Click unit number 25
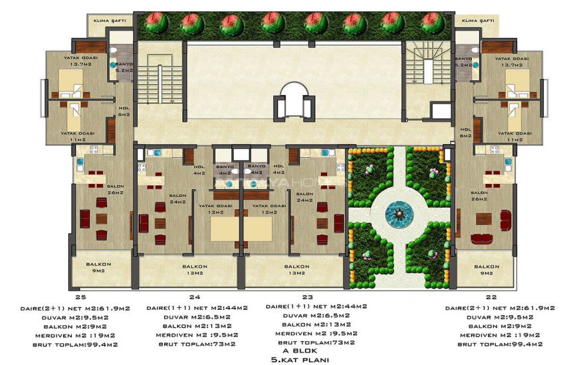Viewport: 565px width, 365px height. pos(81,298)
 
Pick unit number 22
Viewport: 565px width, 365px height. pos(491,298)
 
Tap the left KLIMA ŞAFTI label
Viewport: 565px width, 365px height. pos(110,21)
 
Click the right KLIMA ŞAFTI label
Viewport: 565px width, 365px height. pos(477,21)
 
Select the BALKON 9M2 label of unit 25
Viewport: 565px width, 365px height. pos(98,267)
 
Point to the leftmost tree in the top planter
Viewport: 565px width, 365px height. pos(156,23)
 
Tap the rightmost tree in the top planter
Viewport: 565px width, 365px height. pos(432,23)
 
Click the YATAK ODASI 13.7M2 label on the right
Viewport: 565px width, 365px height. pos(512,62)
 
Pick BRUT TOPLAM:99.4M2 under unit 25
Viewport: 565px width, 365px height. pos(81,344)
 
